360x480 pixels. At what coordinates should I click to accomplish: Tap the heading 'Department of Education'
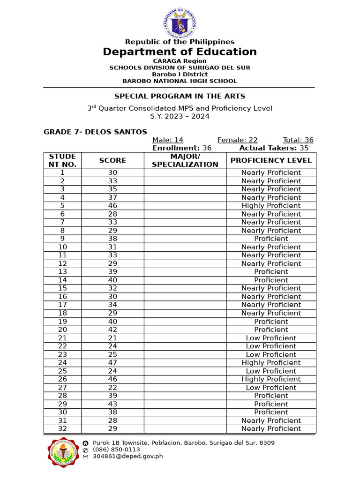click(x=180, y=52)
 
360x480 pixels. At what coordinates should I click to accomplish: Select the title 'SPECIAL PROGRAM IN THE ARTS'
click(x=180, y=96)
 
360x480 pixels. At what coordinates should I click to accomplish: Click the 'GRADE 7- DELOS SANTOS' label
click(x=95, y=132)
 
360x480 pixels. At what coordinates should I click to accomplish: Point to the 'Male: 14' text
click(x=168, y=140)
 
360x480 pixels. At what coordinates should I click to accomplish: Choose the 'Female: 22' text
click(x=238, y=140)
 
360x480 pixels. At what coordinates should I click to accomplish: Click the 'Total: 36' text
click(x=298, y=140)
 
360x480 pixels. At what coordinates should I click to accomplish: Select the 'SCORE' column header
click(x=112, y=160)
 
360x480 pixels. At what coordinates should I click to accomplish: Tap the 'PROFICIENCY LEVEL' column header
click(x=271, y=160)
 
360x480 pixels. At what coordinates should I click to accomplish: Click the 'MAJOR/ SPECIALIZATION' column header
click(x=185, y=160)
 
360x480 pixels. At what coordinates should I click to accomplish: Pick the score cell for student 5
click(x=112, y=206)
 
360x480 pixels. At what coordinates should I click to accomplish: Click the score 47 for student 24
click(x=112, y=363)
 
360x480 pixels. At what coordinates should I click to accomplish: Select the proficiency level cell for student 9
click(x=271, y=239)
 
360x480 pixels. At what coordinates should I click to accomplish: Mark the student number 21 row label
click(x=63, y=338)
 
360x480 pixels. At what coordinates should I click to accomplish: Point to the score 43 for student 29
click(x=112, y=404)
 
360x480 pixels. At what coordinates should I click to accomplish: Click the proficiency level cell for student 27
click(x=271, y=388)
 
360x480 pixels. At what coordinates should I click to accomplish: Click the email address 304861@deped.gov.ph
click(x=127, y=456)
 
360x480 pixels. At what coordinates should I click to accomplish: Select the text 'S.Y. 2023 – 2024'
click(x=180, y=116)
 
